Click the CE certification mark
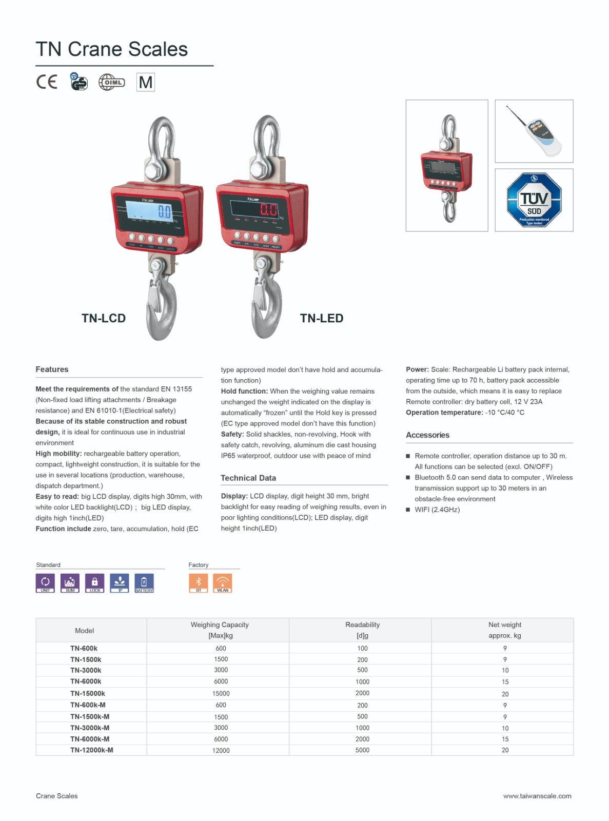coord(47,82)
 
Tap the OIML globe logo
coord(111,82)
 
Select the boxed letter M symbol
coord(146,82)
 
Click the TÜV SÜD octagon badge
coord(534,200)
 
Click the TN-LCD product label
coord(104,318)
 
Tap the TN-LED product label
coord(322,318)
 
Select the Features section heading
coord(52,369)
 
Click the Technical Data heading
coord(248,478)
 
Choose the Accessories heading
coord(427,435)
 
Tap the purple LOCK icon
coord(94,582)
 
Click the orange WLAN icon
coord(223,582)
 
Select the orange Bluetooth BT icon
coord(199,582)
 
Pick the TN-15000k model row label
coord(88,693)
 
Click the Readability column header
coord(362,624)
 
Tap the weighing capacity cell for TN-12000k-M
coord(221,750)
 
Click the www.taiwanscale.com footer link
coord(537,796)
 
